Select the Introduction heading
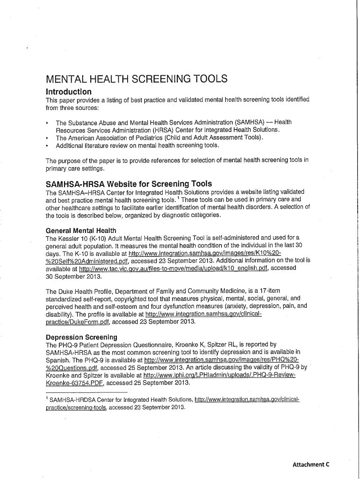point(68,91)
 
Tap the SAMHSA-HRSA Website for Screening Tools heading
point(129,183)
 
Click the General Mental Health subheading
point(81,231)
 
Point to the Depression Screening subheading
point(81,337)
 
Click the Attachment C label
point(311,464)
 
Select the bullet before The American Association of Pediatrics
point(47,138)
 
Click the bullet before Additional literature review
point(47,145)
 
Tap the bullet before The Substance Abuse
point(47,122)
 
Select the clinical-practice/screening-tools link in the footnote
point(77,407)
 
